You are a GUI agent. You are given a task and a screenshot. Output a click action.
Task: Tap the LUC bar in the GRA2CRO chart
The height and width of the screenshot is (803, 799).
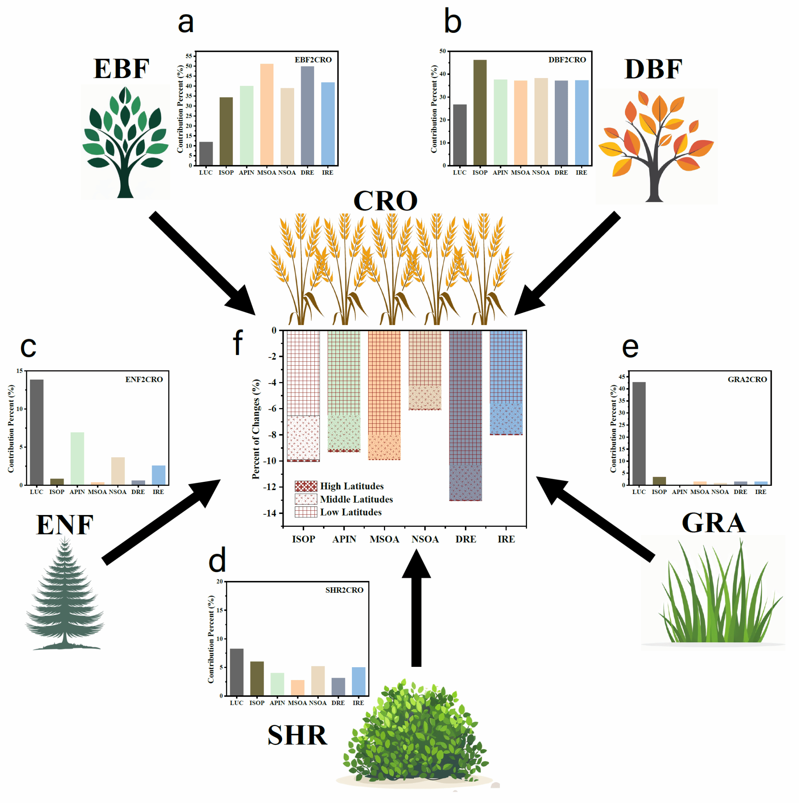pyautogui.click(x=639, y=433)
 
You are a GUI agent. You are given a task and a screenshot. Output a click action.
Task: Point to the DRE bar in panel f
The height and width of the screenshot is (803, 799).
pyautogui.click(x=465, y=416)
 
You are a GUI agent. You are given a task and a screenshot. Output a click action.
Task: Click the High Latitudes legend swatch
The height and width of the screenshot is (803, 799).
pyautogui.click(x=306, y=486)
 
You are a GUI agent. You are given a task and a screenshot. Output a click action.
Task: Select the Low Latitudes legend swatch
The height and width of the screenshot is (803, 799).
pyautogui.click(x=306, y=512)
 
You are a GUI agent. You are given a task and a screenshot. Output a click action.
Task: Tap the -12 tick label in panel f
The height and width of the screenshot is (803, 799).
pyautogui.click(x=270, y=487)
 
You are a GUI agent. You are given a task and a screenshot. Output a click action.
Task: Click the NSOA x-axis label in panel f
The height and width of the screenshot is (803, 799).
pyautogui.click(x=425, y=539)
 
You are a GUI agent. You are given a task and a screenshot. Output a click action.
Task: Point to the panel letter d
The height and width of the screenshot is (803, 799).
pyautogui.click(x=217, y=560)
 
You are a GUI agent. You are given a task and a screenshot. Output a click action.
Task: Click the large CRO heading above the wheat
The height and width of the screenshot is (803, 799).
pyautogui.click(x=385, y=201)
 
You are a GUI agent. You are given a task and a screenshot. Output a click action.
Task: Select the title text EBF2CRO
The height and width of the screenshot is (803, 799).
pyautogui.click(x=313, y=60)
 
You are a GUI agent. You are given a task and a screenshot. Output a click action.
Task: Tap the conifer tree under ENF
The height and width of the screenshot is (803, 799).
pyautogui.click(x=64, y=594)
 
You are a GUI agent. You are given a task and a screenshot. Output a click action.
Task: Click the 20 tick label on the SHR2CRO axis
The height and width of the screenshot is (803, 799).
pyautogui.click(x=219, y=581)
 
